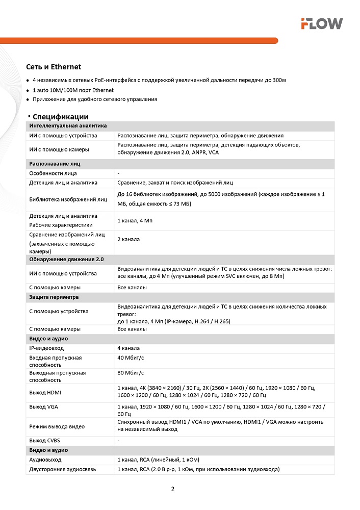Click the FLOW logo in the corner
coord(321,23)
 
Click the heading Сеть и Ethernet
coord(54,67)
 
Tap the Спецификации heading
coord(60,117)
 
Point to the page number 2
coord(173,489)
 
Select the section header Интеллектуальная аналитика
coord(68,125)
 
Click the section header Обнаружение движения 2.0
coord(66,260)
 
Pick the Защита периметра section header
coord(54,296)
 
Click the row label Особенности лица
coord(53,173)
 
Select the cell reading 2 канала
coord(128,239)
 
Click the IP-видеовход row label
coord(46,348)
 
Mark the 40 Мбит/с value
coord(131,358)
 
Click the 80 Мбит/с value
coord(131,373)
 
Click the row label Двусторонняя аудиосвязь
coord(62,469)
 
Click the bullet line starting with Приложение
coord(95,99)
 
